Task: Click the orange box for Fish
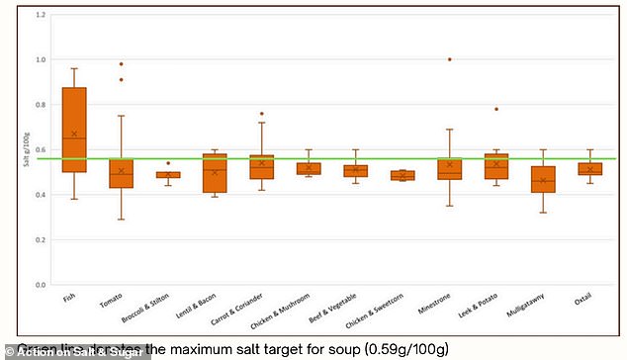(x=74, y=130)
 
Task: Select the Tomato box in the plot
(x=121, y=174)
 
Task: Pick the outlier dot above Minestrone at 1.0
(x=449, y=59)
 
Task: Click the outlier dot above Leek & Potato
(x=495, y=109)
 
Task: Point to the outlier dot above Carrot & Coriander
(x=261, y=114)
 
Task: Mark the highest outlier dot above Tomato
(x=121, y=63)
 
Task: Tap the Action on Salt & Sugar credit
(x=75, y=350)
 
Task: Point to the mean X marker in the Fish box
(x=74, y=134)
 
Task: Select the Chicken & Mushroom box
(x=309, y=168)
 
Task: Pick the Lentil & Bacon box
(x=215, y=173)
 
